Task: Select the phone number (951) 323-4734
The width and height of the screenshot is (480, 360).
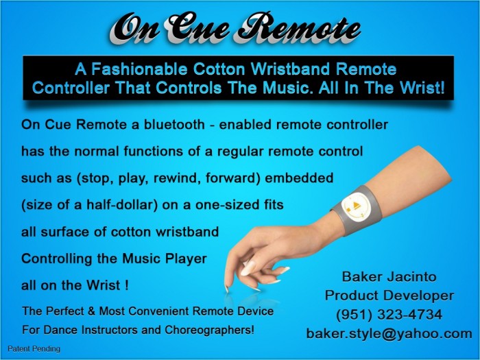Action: click(389, 315)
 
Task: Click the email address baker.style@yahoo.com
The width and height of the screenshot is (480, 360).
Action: click(389, 333)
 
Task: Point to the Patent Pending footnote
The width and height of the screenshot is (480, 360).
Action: click(34, 348)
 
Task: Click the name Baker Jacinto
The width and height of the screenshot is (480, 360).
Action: click(389, 277)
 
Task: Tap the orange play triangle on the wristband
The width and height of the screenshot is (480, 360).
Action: click(355, 205)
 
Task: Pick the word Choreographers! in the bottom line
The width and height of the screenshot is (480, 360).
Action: click(209, 330)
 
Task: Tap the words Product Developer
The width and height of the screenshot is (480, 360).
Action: click(389, 296)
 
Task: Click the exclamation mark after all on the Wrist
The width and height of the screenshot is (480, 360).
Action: click(126, 285)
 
